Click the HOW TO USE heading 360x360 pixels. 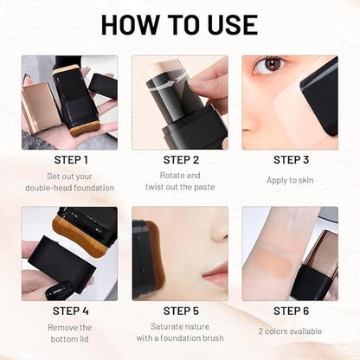click(180, 24)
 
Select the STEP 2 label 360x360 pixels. click(180, 160)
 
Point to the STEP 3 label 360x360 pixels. click(291, 160)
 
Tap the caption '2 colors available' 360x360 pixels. click(291, 331)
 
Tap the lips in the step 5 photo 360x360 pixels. click(215, 275)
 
